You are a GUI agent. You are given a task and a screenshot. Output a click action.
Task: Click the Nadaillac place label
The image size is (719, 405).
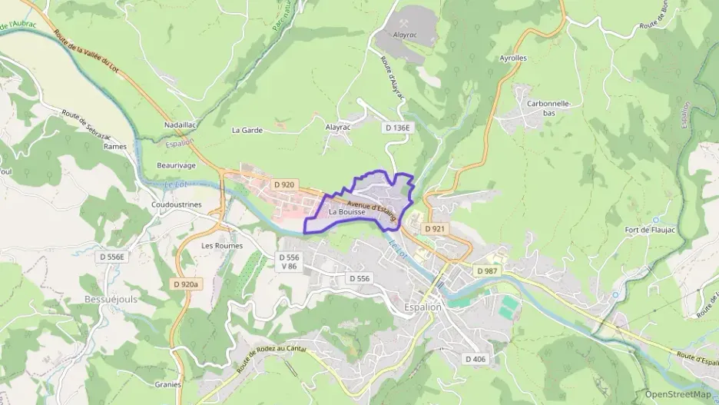(x=181, y=124)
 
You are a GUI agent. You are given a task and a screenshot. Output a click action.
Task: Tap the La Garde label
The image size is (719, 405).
(x=247, y=130)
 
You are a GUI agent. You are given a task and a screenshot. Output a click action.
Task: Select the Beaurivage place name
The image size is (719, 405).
(x=176, y=165)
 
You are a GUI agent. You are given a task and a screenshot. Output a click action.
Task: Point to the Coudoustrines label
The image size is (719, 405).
(x=177, y=204)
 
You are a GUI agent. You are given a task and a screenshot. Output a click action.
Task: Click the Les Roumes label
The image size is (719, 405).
(x=222, y=246)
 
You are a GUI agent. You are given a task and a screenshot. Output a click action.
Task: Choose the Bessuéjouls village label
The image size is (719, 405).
(x=111, y=299)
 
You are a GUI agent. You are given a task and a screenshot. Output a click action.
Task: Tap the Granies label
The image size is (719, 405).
(x=167, y=384)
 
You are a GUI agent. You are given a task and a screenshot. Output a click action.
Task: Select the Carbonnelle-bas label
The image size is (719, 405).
(x=548, y=108)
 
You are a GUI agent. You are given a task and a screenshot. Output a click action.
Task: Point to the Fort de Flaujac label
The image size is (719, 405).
(x=649, y=230)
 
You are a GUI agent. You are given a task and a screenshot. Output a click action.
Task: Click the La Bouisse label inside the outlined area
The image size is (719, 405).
(x=346, y=211)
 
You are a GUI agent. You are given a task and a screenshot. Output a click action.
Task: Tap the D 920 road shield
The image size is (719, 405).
(x=284, y=184)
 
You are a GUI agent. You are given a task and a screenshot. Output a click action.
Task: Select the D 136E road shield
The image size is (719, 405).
(x=399, y=128)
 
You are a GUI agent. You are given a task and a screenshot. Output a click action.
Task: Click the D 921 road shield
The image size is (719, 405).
(x=435, y=228)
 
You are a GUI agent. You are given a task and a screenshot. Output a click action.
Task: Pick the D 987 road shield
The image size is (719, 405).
(x=486, y=271)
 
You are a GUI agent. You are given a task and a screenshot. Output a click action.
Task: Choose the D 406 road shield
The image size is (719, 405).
(x=475, y=359)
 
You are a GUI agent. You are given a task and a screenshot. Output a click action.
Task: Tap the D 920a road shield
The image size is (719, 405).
(x=186, y=284)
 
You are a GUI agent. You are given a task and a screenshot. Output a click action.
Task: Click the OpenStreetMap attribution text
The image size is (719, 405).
(x=678, y=394)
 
